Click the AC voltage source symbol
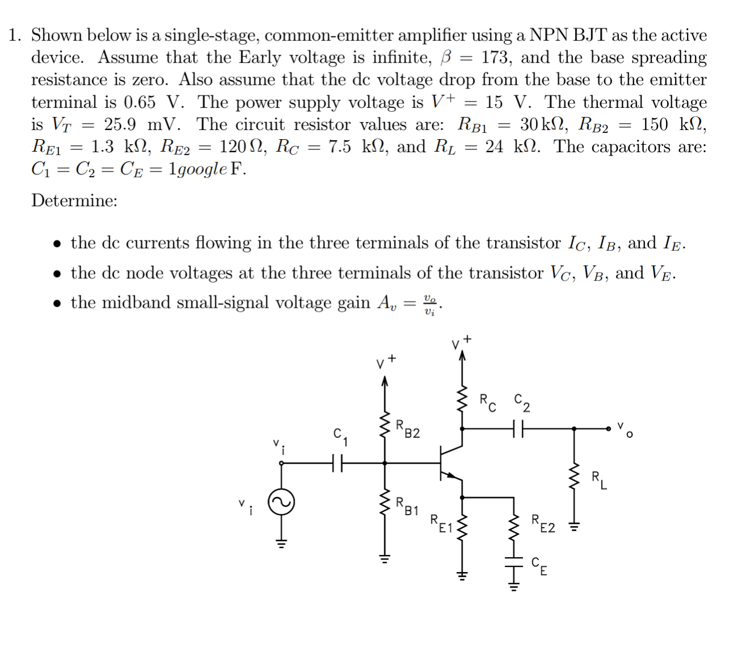tap(281, 502)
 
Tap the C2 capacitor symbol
tap(517, 429)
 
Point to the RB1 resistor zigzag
tap(385, 502)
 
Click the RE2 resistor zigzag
tap(514, 528)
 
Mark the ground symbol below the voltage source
tap(281, 543)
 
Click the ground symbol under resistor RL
tap(574, 527)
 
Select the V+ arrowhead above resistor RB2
tap(385, 381)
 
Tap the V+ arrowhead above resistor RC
tap(462, 355)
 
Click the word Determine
tap(74, 201)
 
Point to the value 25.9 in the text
tap(120, 124)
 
